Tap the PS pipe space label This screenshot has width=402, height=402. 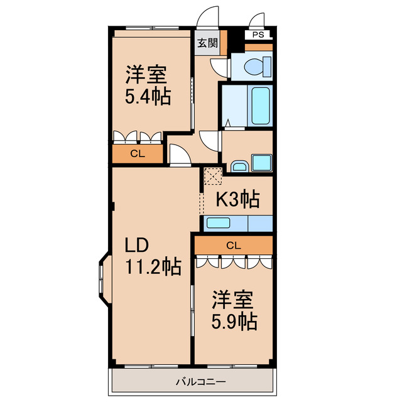point(259,35)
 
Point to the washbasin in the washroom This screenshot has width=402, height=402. point(239,166)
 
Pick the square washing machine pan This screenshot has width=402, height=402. point(261,162)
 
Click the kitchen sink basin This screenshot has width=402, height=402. point(218,223)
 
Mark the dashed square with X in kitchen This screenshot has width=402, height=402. point(212,177)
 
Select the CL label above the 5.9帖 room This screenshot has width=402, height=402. point(233,245)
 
